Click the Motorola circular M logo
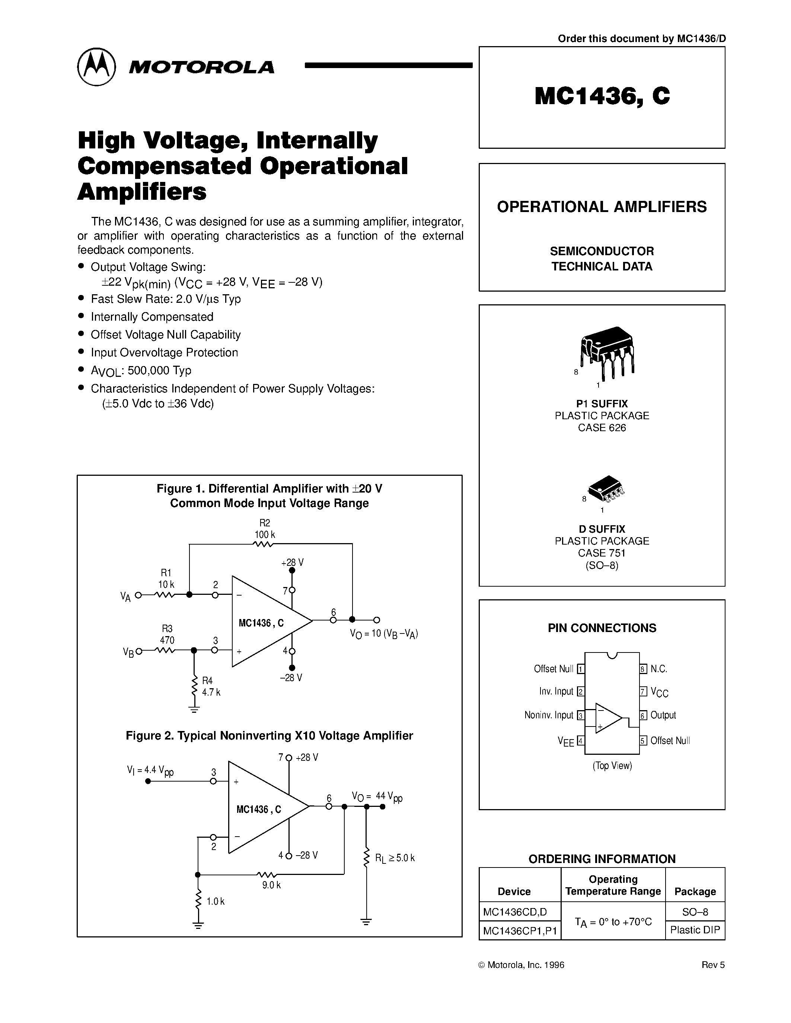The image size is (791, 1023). (x=96, y=67)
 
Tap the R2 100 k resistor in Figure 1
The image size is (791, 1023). (x=263, y=544)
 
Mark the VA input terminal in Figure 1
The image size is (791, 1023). (x=138, y=595)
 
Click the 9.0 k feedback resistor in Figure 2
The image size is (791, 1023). (x=267, y=874)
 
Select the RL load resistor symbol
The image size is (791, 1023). (x=366, y=858)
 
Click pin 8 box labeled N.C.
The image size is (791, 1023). (x=643, y=669)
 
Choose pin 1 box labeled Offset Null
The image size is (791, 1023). (x=581, y=669)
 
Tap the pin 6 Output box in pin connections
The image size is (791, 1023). (x=643, y=715)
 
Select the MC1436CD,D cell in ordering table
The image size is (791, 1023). (x=514, y=911)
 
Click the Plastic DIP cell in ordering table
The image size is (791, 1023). (x=695, y=930)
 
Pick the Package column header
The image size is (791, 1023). (x=695, y=891)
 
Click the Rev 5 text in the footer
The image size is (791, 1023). (x=713, y=965)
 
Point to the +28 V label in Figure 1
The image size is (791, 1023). (x=293, y=562)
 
